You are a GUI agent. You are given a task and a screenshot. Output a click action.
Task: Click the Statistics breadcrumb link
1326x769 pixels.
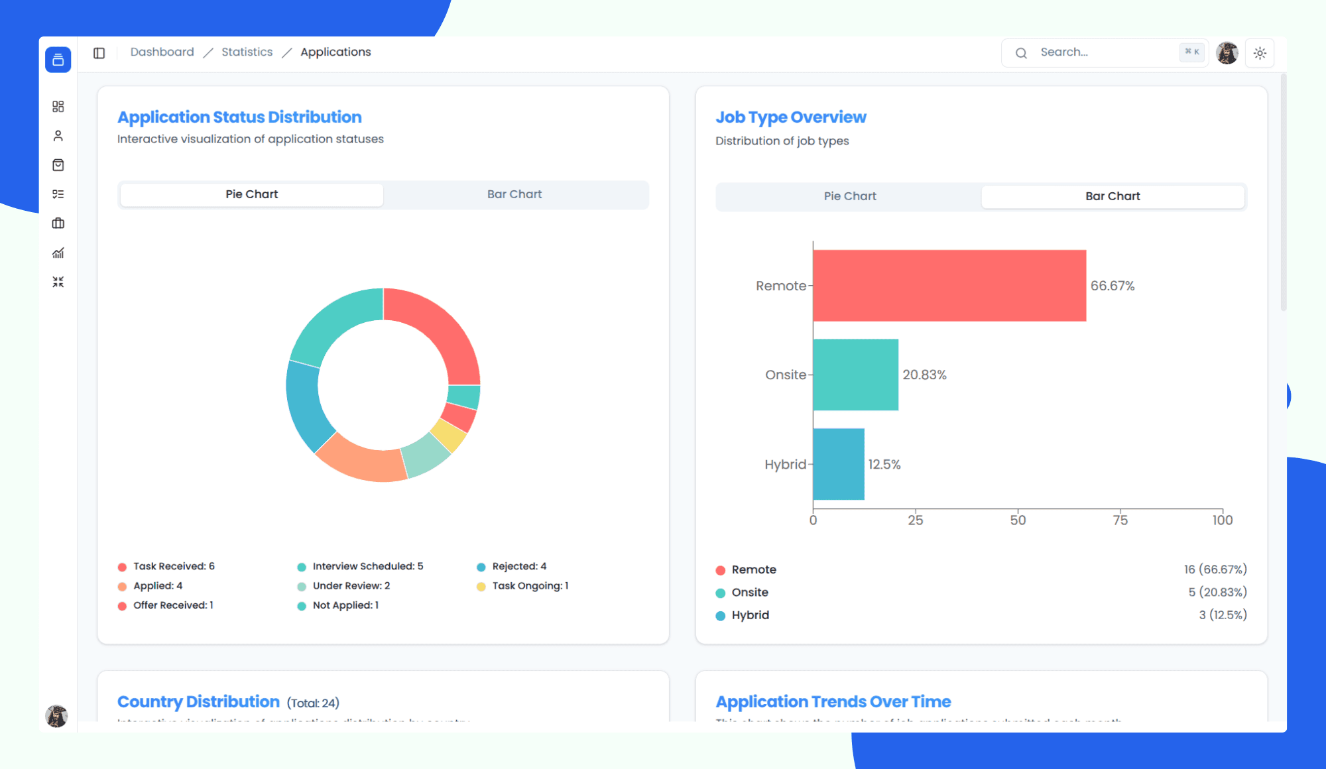coord(247,52)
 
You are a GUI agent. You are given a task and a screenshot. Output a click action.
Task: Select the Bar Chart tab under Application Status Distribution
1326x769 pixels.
coord(514,194)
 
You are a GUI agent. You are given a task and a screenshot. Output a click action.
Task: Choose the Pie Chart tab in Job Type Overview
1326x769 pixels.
coord(849,196)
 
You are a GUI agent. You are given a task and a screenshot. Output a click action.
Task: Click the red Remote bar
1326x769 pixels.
coord(949,286)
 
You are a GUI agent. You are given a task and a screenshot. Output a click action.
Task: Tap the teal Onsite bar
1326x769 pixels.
coord(855,375)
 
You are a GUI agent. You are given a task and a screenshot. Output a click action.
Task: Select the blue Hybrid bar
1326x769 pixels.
coord(838,464)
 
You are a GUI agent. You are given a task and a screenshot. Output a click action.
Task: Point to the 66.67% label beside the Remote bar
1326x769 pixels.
coord(1112,286)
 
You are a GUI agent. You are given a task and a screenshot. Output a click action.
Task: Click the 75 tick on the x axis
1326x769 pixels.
coord(1120,520)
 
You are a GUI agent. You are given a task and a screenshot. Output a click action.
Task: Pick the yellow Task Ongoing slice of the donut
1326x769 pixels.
coord(449,435)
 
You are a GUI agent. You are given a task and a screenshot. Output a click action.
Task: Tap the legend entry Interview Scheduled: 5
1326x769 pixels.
coord(367,566)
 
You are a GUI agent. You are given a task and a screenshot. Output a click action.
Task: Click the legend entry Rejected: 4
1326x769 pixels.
coord(518,566)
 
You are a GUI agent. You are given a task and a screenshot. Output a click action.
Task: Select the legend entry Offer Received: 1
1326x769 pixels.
coord(172,605)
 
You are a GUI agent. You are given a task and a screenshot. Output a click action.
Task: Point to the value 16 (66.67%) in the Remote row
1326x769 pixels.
coord(1215,569)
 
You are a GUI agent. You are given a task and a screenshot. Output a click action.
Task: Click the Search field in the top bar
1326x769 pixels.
coord(1101,52)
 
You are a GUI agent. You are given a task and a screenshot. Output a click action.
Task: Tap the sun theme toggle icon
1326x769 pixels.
coord(1260,53)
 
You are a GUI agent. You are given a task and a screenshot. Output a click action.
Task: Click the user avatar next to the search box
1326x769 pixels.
coord(1227,53)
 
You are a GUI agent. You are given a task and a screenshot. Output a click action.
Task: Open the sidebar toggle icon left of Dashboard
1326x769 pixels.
coord(99,53)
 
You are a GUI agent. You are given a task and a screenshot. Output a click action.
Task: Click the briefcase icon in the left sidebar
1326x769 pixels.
coord(58,223)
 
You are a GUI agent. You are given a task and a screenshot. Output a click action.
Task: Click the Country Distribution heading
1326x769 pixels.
coord(198,701)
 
